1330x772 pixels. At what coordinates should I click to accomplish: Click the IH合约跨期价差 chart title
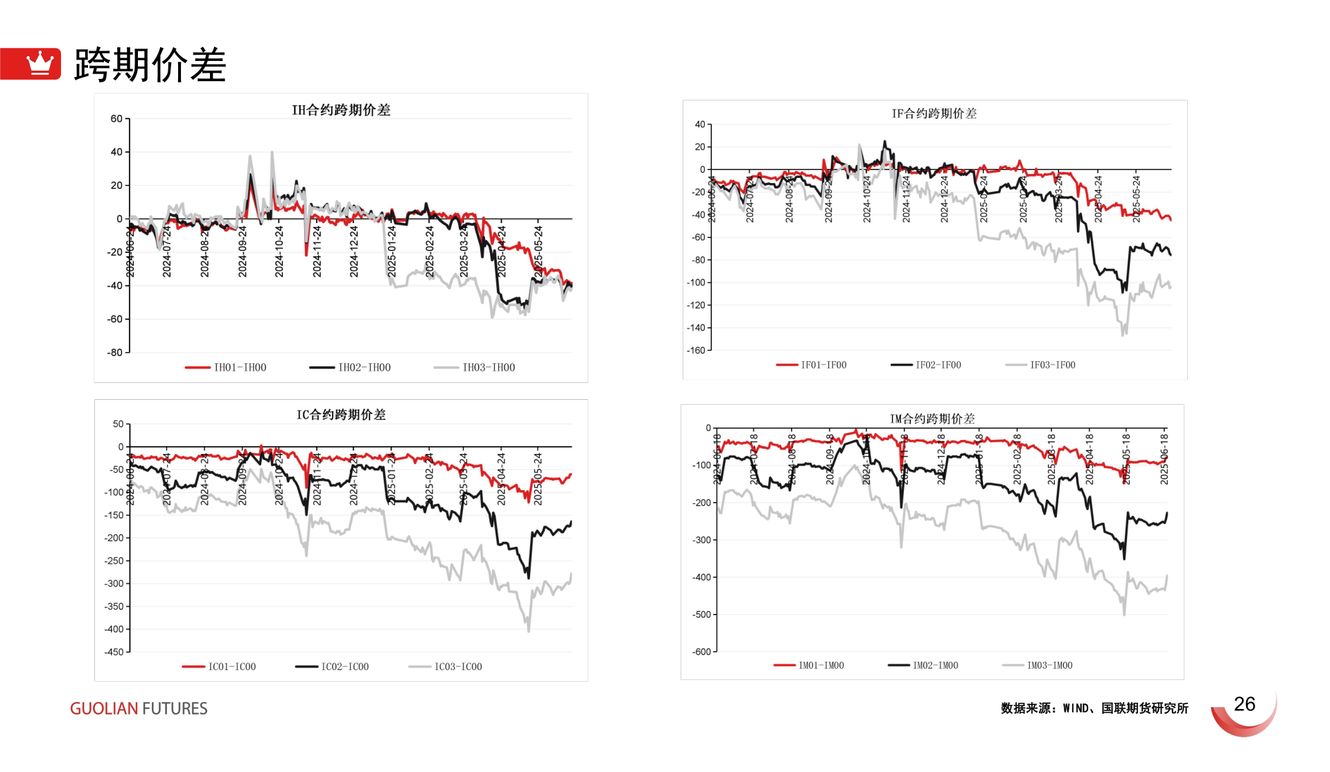341,110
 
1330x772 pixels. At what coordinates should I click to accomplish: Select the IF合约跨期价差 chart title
934,114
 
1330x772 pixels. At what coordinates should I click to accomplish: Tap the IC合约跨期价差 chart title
341,414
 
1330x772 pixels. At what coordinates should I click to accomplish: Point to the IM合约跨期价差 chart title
932,419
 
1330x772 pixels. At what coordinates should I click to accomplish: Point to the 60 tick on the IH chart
116,119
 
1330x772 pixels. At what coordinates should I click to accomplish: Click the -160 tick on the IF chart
696,350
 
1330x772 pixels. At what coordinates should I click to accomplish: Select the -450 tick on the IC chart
114,652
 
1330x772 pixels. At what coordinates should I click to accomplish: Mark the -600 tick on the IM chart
701,651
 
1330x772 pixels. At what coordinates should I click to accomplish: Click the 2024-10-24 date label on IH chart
279,251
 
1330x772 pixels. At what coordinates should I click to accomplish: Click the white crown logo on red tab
40,63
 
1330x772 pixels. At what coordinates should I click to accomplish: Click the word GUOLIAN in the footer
104,708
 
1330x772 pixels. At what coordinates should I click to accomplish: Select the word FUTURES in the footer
175,708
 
